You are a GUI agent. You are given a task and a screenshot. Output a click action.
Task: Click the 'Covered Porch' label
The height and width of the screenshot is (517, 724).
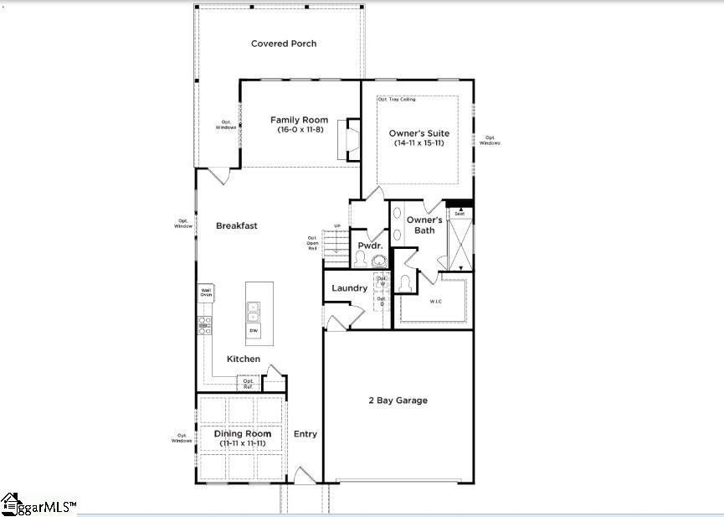click(x=284, y=44)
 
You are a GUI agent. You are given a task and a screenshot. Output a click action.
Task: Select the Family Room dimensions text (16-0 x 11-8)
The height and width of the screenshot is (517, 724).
click(x=299, y=130)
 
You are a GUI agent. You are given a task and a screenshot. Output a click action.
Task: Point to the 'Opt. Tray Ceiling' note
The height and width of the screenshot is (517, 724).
click(x=397, y=100)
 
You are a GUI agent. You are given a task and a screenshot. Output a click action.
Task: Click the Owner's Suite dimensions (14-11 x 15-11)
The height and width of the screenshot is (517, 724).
click(x=418, y=143)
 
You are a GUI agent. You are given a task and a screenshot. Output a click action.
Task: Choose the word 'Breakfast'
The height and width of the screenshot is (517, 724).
click(x=236, y=225)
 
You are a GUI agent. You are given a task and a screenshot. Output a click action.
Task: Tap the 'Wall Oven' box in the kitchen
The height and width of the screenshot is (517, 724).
click(x=206, y=292)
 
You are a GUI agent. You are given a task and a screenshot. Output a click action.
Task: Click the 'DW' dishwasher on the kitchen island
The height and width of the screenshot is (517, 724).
click(x=253, y=331)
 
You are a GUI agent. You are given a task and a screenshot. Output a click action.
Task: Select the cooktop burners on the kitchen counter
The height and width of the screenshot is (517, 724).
click(x=204, y=324)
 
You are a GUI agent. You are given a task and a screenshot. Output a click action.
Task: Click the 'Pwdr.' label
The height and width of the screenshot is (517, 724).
click(x=369, y=246)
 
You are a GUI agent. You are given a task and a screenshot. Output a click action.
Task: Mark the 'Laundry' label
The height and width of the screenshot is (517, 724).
click(x=349, y=288)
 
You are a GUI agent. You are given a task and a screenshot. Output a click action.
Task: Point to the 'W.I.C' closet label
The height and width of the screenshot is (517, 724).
click(x=436, y=301)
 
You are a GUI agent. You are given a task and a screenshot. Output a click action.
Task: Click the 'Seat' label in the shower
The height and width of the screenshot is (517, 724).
click(x=459, y=213)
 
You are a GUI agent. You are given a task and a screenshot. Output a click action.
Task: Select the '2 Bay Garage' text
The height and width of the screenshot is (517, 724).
click(x=398, y=401)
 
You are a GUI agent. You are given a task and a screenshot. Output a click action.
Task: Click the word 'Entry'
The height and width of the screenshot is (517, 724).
click(x=306, y=434)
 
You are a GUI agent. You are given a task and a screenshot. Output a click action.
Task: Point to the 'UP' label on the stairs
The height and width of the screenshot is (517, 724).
click(x=337, y=226)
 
